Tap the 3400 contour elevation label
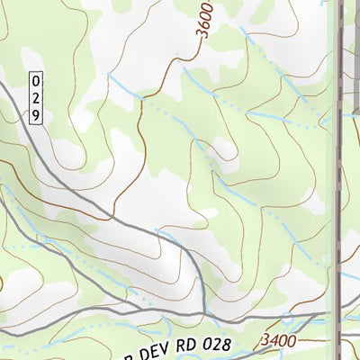[279, 341]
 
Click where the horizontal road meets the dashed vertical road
[339, 315]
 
